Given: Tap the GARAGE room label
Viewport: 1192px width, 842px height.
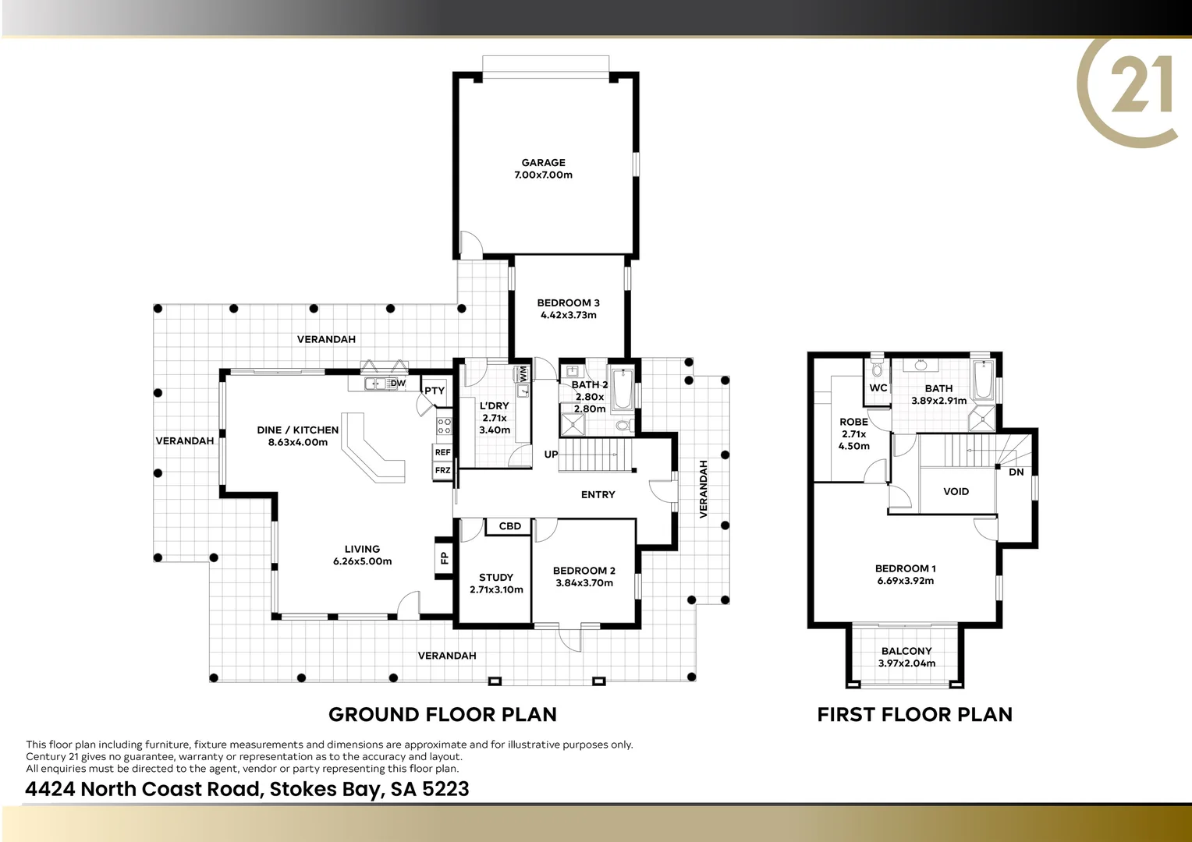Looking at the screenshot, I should [x=544, y=163].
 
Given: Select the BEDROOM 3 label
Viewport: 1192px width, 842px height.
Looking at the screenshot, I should [x=568, y=303].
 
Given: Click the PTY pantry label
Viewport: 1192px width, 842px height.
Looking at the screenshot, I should [x=435, y=391].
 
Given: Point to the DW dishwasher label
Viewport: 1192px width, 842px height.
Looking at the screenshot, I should [x=398, y=383].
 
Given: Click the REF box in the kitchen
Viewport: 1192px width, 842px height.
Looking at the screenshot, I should [x=442, y=452].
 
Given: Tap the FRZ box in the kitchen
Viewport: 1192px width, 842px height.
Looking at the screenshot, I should [x=442, y=470].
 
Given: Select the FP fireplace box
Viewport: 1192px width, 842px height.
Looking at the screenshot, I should [x=444, y=557].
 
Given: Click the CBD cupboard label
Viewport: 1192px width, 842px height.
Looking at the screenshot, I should [x=509, y=526].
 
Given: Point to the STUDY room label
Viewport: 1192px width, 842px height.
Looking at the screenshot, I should [x=496, y=578].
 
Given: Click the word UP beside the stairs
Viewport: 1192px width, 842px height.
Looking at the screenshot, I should [x=551, y=455].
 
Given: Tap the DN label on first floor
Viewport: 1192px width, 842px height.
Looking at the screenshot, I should [x=1016, y=472].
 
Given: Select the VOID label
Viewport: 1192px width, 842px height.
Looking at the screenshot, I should [x=956, y=492].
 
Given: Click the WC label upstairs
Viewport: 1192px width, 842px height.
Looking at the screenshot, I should [x=878, y=388].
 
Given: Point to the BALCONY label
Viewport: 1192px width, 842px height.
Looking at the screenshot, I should [x=906, y=651].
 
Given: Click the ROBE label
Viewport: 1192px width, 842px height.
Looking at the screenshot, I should [x=853, y=422].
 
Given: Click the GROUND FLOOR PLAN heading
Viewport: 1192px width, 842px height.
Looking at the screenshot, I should [x=442, y=714].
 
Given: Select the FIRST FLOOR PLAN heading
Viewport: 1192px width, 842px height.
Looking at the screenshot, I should [x=914, y=714].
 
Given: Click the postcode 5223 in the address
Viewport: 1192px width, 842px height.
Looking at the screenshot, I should [x=445, y=789].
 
